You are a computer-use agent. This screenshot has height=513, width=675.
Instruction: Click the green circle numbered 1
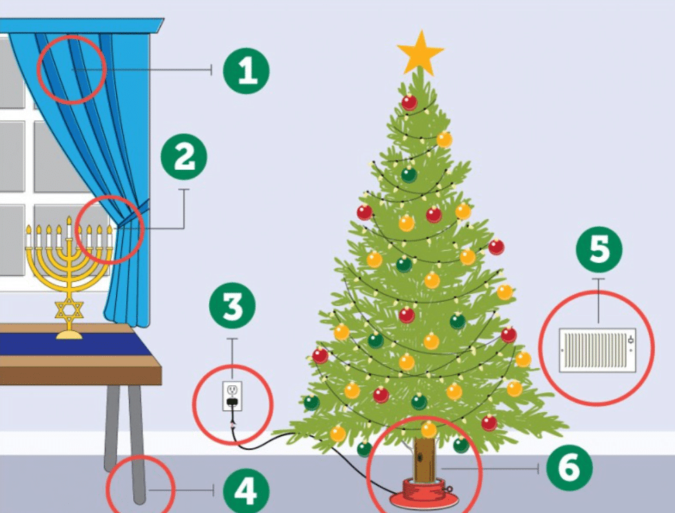pyautogui.click(x=246, y=70)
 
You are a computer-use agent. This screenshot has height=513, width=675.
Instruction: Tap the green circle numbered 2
pyautogui.click(x=184, y=157)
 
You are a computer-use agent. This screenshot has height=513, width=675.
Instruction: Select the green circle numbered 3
pyautogui.click(x=232, y=306)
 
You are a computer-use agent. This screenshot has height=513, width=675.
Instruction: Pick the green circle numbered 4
pyautogui.click(x=246, y=491)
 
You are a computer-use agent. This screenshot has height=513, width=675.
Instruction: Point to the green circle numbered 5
pyautogui.click(x=599, y=250)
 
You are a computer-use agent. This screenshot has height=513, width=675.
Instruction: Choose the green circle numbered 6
pyautogui.click(x=569, y=468)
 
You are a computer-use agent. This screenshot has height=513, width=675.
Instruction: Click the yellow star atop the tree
pyautogui.click(x=420, y=52)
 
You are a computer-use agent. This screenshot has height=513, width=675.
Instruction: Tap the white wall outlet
pyautogui.click(x=232, y=396)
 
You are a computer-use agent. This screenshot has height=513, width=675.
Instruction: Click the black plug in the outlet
pyautogui.click(x=232, y=402)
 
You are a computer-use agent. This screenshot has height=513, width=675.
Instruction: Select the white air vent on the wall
pyautogui.click(x=597, y=350)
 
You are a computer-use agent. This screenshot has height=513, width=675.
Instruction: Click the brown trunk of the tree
pyautogui.click(x=424, y=458)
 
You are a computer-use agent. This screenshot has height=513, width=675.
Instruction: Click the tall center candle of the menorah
pyautogui.click(x=69, y=227)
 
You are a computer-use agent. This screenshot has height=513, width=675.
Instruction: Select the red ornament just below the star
pyautogui.click(x=410, y=102)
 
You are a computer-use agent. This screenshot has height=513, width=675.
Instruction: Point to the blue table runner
pyautogui.click(x=75, y=344)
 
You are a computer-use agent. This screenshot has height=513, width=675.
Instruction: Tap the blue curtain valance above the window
pyautogui.click(x=82, y=26)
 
